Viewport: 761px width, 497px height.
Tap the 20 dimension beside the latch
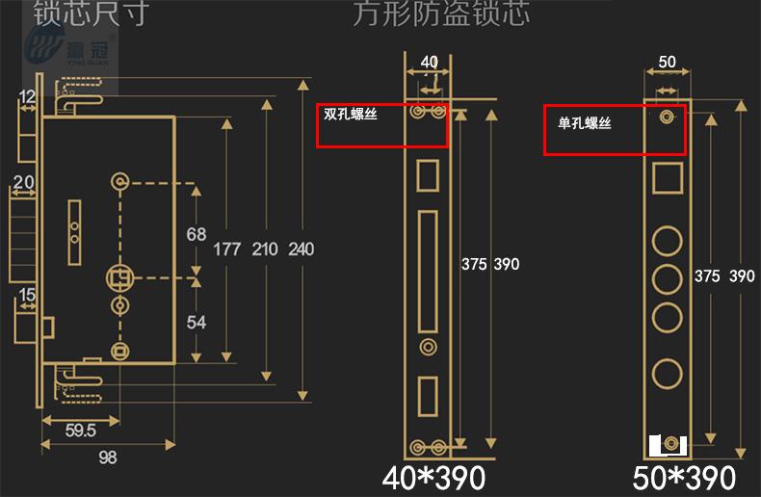coord(24,182)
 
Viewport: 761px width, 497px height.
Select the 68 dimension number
coord(197,234)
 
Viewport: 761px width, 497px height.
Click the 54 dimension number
coord(197,322)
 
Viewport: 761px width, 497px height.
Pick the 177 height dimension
coord(227,249)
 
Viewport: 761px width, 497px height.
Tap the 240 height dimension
coord(301,249)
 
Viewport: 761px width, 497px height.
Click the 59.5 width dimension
coord(79,431)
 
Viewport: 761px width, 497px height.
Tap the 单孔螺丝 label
coord(584,123)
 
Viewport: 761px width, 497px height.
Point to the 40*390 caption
coord(433,477)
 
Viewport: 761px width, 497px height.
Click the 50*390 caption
coord(684,477)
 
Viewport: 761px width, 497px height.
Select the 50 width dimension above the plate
coord(667,63)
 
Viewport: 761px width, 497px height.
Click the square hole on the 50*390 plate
coord(667,179)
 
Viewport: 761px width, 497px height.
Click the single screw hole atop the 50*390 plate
coord(666,118)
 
